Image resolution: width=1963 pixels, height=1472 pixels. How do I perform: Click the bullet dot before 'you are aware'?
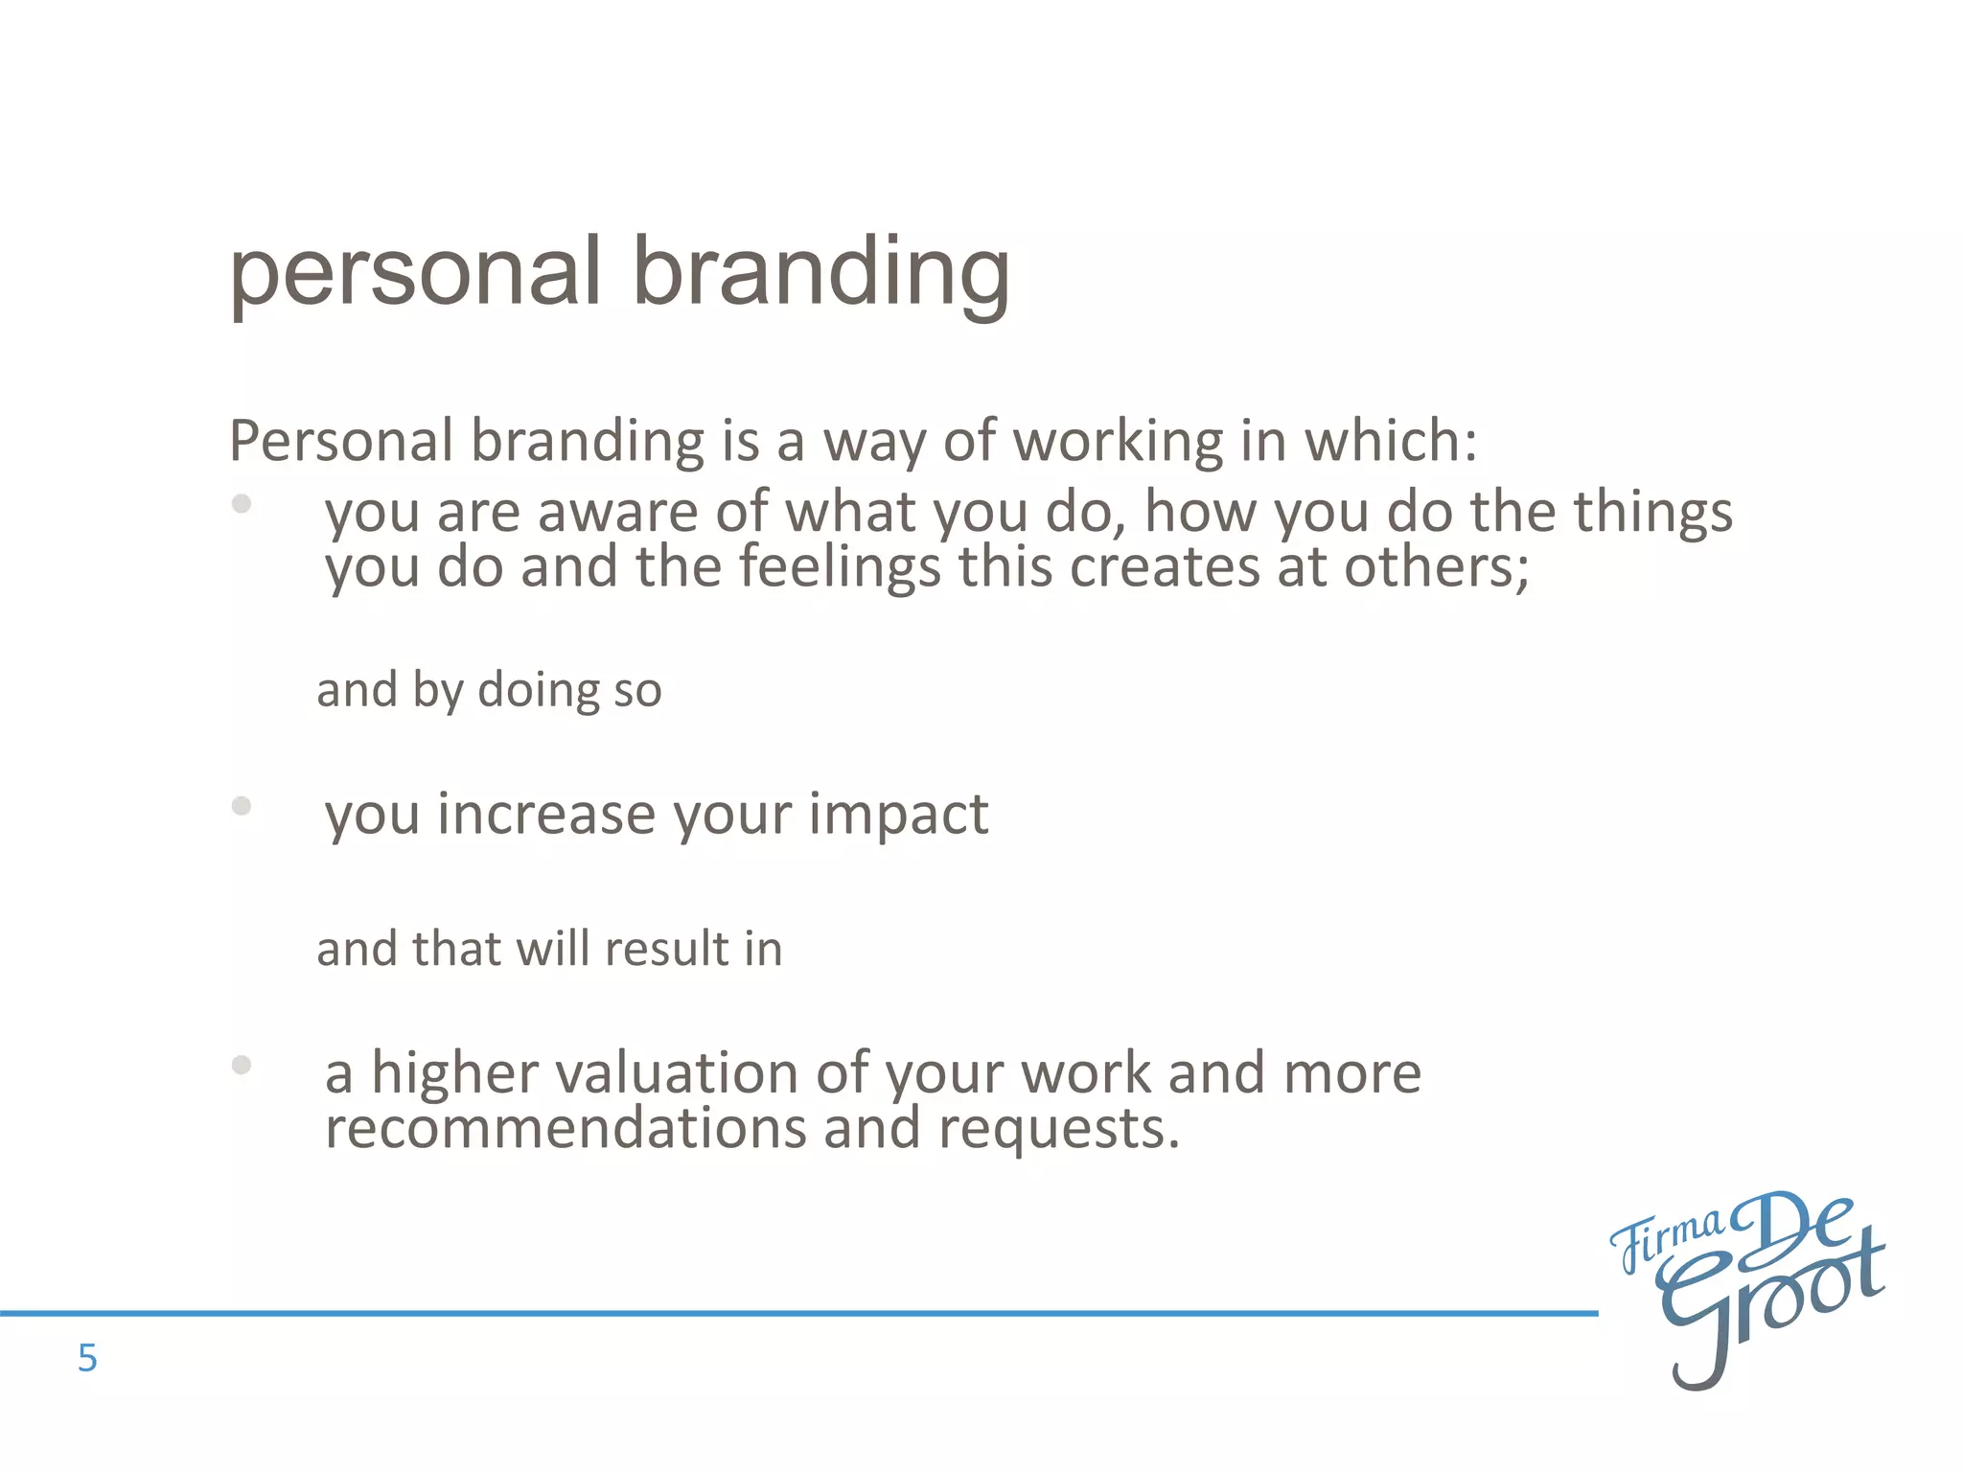[242, 503]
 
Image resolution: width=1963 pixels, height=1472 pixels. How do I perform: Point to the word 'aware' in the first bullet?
[616, 512]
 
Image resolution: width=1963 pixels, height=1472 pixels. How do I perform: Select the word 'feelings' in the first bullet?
[840, 567]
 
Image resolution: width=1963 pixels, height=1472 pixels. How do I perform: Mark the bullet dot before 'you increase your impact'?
[242, 806]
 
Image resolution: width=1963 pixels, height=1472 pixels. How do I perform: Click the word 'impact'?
[898, 815]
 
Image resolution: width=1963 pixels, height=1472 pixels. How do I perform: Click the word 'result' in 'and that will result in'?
[666, 949]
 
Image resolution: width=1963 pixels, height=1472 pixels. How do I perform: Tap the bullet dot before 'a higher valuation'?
[242, 1065]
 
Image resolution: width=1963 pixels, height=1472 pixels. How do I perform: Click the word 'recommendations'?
[566, 1128]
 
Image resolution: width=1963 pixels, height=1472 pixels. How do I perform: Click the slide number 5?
[87, 1358]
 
